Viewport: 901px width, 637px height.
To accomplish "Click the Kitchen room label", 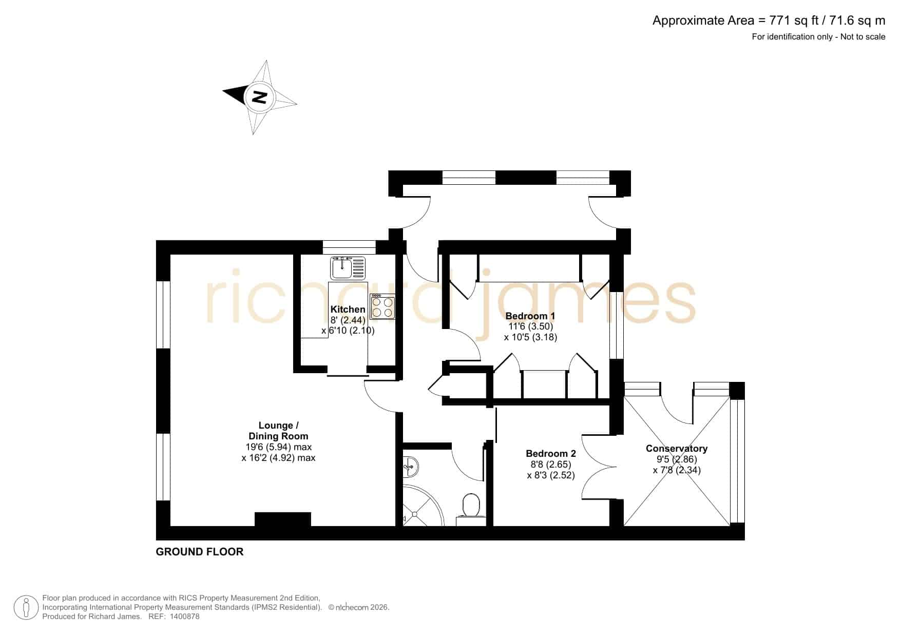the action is (x=348, y=309).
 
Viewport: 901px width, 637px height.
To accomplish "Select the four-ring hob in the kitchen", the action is (x=382, y=307).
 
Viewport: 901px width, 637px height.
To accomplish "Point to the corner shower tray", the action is (x=421, y=506).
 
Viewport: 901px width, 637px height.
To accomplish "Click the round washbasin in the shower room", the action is (x=411, y=467).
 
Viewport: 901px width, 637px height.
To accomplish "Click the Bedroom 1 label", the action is (x=530, y=316).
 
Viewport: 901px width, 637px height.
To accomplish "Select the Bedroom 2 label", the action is (x=551, y=454).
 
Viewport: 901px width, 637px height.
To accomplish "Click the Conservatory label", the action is (x=677, y=449).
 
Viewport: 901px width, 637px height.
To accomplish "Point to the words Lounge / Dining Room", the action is (x=278, y=431).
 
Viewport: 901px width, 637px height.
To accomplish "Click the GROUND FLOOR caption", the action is (x=200, y=552).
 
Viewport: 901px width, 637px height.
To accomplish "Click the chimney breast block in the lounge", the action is (x=283, y=519).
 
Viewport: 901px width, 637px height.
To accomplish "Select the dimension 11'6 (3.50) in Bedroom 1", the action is (x=530, y=326).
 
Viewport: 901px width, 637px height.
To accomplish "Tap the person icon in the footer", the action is (x=26, y=607).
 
